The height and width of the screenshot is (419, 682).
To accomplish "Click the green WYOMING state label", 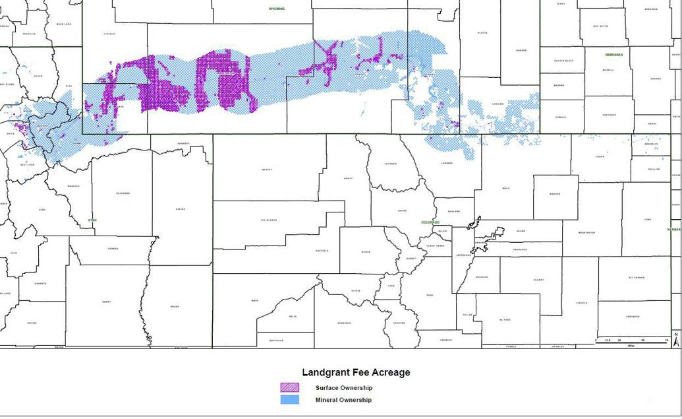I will pos(277,9).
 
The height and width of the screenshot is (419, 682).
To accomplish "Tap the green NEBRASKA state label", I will pos(613,55).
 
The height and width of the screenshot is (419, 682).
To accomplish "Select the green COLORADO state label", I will pos(430,222).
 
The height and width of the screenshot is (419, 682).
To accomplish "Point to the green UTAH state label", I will pos(92,220).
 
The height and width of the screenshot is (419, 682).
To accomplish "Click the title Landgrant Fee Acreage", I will pos(356,372).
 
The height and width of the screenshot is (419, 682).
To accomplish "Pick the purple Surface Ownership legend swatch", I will pos(289,388).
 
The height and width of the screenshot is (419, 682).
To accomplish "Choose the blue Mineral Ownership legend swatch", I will pos(289,400).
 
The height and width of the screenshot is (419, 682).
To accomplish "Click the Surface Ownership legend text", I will pos(344,388).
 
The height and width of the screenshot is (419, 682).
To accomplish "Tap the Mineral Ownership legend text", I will pos(343,400).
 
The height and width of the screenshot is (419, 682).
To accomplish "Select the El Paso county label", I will pos(505,319).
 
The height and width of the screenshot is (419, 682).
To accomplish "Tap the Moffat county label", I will pos(267,170).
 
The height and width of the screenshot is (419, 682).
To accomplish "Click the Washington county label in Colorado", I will pos(587,232).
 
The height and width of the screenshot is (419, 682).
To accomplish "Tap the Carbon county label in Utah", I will pos(113,249).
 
